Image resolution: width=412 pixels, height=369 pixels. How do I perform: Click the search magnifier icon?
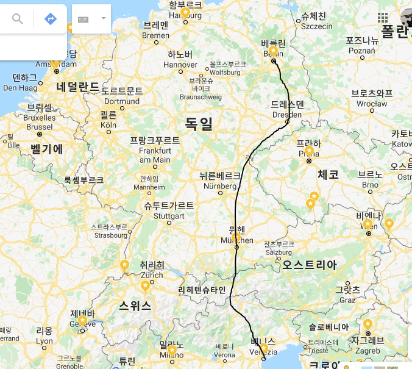coord(18,19)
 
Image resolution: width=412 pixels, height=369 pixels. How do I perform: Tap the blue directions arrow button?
coord(51,19)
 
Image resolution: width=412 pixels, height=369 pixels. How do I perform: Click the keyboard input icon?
coord(83,19)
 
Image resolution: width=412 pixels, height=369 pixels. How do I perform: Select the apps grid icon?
coord(383,17)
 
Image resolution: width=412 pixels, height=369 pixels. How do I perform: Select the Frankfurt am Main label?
coord(155,149)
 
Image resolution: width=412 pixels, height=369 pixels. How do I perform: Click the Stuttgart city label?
coord(169,210)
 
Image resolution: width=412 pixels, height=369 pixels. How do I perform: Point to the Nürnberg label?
coord(220,180)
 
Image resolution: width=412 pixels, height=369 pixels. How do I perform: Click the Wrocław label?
coord(372,98)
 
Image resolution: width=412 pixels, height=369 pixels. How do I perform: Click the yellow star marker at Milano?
coord(172,350)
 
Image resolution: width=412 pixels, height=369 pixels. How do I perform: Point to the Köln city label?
coord(108,119)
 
